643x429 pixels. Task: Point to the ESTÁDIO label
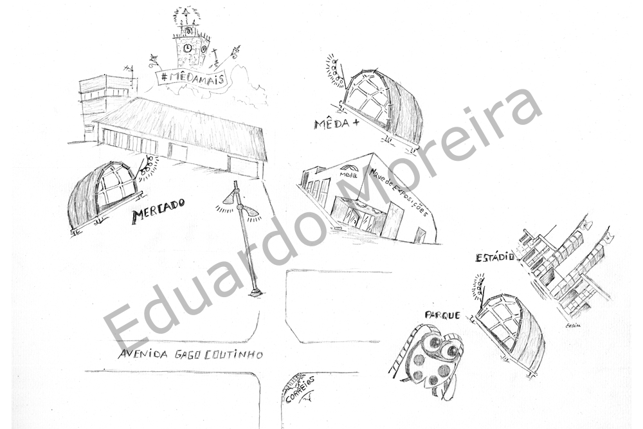495,257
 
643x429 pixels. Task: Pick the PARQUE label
442,315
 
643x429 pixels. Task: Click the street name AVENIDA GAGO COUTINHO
191,354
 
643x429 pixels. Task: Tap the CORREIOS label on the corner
299,388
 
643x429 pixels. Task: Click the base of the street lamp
256,293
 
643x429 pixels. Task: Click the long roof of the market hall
183,122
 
